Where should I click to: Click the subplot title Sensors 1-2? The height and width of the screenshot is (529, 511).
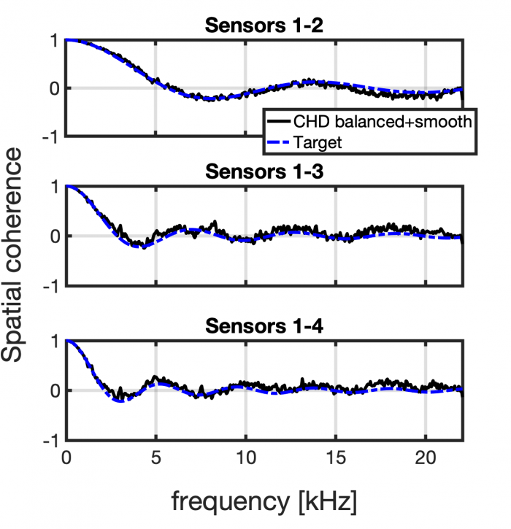(263, 26)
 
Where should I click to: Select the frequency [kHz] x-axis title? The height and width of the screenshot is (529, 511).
(264, 502)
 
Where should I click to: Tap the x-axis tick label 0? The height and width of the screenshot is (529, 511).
(66, 461)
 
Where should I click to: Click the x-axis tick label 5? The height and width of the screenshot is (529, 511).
(155, 461)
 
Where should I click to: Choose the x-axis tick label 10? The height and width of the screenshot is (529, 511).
(245, 461)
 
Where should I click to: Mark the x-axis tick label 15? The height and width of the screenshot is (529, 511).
(335, 461)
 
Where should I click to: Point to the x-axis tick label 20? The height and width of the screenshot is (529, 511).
(425, 461)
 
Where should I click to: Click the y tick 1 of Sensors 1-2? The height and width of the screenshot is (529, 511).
(53, 40)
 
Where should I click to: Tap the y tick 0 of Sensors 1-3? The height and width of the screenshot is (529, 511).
(53, 236)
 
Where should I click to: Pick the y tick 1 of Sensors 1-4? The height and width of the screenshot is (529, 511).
(53, 341)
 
